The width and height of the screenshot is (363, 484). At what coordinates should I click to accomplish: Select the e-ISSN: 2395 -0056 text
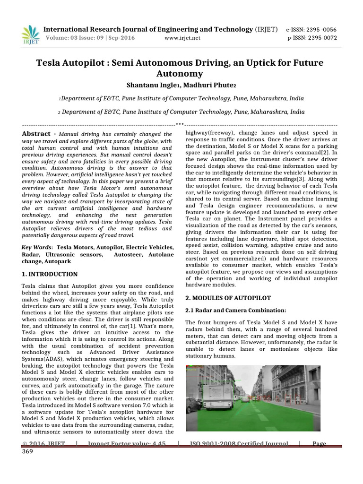pos(311,29)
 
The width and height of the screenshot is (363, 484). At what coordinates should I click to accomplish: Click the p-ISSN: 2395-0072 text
pos(312,38)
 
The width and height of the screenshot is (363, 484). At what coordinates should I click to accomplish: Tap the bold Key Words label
pos(37,247)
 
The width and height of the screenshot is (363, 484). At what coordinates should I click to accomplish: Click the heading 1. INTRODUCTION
pos(50,274)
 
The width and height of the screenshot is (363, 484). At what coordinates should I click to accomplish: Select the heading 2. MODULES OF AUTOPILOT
pos(228,298)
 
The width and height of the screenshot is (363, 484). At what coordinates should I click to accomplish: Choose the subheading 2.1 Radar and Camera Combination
pos(236,310)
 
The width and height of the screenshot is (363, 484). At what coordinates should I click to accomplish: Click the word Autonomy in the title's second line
pos(181,74)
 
